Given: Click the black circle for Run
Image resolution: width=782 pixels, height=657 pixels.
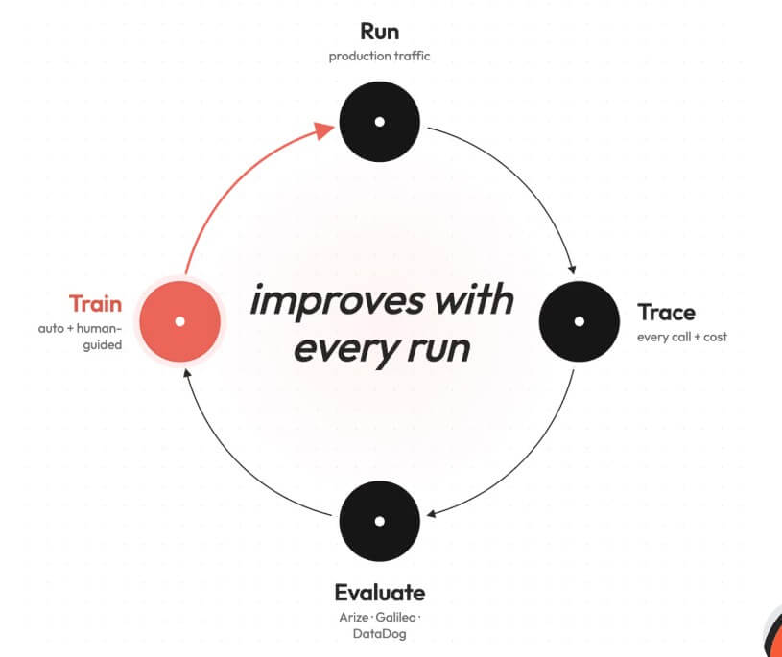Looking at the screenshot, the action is [x=380, y=122].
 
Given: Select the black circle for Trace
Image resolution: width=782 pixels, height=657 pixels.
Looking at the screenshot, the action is [x=579, y=321].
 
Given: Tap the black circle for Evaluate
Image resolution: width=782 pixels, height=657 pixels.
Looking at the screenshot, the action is [x=380, y=521].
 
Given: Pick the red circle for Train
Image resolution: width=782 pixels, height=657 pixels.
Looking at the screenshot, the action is [x=180, y=321].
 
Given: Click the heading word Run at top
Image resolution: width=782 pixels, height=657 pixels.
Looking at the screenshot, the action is [x=380, y=32].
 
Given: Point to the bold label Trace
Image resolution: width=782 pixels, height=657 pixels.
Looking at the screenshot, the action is [x=666, y=313].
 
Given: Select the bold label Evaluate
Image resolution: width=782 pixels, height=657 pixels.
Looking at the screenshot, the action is [x=380, y=593].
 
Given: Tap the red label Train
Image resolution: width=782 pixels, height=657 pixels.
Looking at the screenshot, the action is [x=95, y=304].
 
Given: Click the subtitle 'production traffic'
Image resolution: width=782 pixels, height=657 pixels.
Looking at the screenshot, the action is [x=379, y=56].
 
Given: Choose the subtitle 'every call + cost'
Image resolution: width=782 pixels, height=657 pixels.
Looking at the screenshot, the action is [x=682, y=337].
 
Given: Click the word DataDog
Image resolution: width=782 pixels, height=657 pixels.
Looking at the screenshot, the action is [x=380, y=634].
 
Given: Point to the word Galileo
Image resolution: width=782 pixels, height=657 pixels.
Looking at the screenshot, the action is [x=395, y=617].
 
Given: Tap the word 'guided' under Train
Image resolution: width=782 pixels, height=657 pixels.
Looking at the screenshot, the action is [x=103, y=345].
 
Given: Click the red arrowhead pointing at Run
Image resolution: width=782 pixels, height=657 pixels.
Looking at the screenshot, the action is [x=324, y=130].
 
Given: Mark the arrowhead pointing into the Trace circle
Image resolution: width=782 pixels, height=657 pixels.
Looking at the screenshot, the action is [x=573, y=270].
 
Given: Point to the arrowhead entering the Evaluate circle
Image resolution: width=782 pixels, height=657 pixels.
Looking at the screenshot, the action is [x=432, y=514].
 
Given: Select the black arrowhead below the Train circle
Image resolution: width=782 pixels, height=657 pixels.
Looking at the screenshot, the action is [x=187, y=373].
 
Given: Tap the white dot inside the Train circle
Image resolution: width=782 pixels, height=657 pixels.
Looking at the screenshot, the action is [x=180, y=321].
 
